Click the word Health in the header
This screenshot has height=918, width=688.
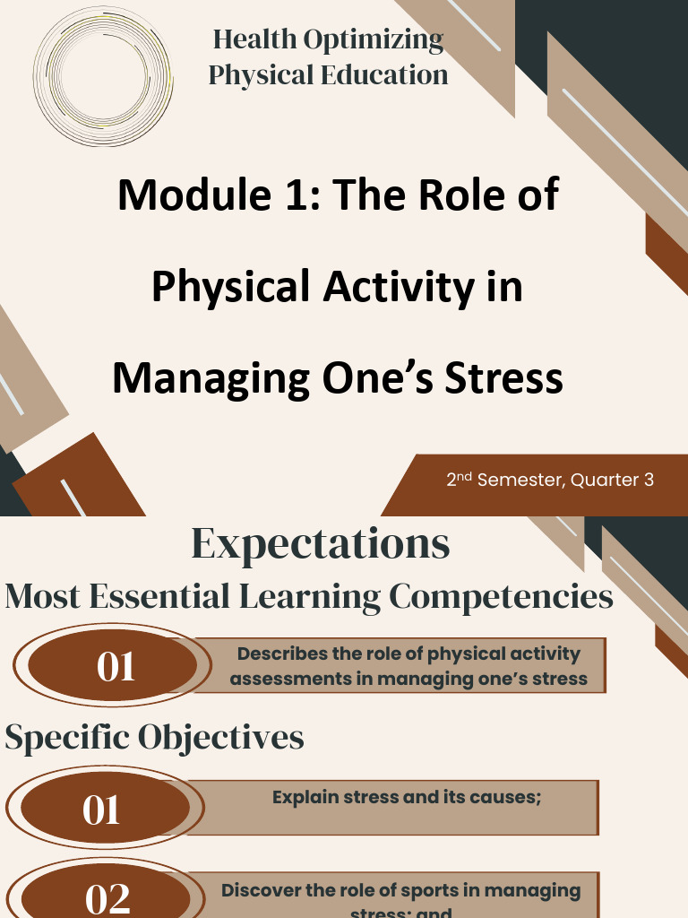(x=254, y=40)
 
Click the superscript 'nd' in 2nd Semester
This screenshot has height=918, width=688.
(x=466, y=475)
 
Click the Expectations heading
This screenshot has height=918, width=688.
(x=320, y=544)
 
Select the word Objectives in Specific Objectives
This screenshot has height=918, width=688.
(x=220, y=737)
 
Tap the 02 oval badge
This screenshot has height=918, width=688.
(x=107, y=896)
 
